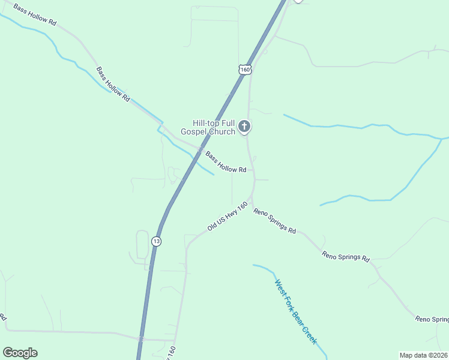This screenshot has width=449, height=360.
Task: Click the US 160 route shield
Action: (x=244, y=70)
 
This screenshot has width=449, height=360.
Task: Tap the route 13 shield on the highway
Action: (x=157, y=241)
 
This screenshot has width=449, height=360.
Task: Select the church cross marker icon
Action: (x=244, y=126)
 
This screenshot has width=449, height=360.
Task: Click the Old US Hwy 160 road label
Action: (x=228, y=217)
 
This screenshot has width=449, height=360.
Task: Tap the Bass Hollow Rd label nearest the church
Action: (x=226, y=162)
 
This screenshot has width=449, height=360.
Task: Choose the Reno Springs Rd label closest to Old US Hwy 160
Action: (x=275, y=221)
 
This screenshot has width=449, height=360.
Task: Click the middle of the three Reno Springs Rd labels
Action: (x=345, y=256)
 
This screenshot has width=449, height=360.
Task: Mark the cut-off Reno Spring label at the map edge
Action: (x=432, y=319)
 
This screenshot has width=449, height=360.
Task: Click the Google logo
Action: (x=20, y=353)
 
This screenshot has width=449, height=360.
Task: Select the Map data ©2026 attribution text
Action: (x=423, y=355)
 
